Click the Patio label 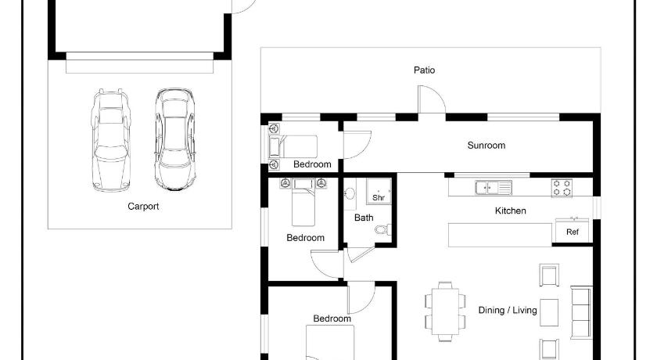tap(424, 70)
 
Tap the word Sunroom tap(486, 146)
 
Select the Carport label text tap(143, 206)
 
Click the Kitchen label tap(510, 211)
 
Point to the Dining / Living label tap(508, 310)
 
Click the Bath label tap(364, 218)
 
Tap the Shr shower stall tap(379, 192)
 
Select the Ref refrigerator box tap(573, 230)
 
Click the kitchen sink tap(494, 188)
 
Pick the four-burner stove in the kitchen tap(562, 188)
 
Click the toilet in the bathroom tap(383, 229)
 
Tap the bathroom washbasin tap(350, 193)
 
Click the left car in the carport tap(110, 140)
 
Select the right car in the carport tap(175, 139)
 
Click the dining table tap(445, 310)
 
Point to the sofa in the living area tap(581, 312)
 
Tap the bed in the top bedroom tap(293, 146)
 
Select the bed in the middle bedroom tap(303, 203)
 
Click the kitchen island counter tap(501, 235)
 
